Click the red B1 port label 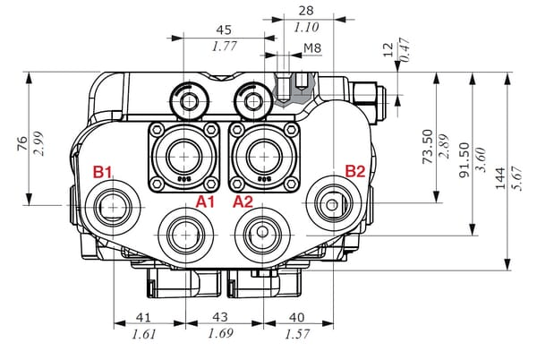coord(104,171)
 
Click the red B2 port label coord(354,171)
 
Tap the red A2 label coord(243,201)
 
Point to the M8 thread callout coord(312,47)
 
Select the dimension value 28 coord(305,11)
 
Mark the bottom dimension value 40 coord(298,317)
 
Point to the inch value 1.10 coord(305,27)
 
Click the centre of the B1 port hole coord(115,206)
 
